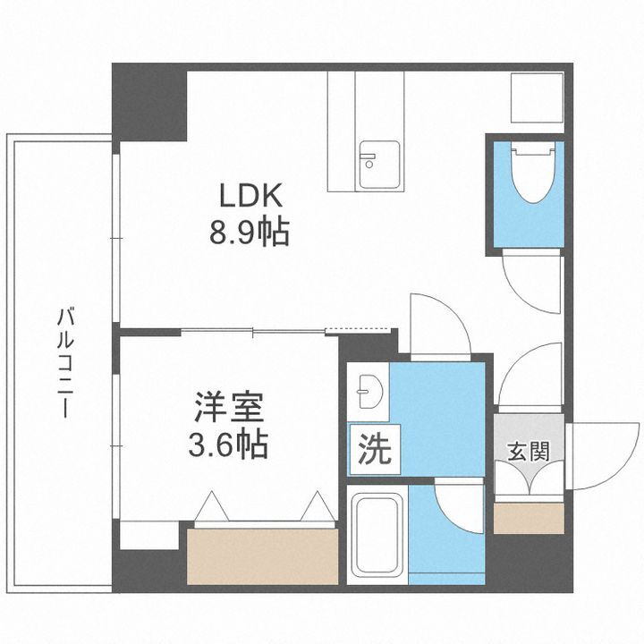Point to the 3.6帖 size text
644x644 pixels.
pyautogui.click(x=229, y=445)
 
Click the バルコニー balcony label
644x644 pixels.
pyautogui.click(x=64, y=361)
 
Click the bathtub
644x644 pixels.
pyautogui.click(x=376, y=533)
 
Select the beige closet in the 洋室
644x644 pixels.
pyautogui.click(x=263, y=554)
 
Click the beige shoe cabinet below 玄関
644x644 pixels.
pyautogui.click(x=528, y=518)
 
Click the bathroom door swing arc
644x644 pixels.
pyautogui.click(x=458, y=508)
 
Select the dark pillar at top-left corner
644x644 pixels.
pyautogui.click(x=147, y=102)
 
